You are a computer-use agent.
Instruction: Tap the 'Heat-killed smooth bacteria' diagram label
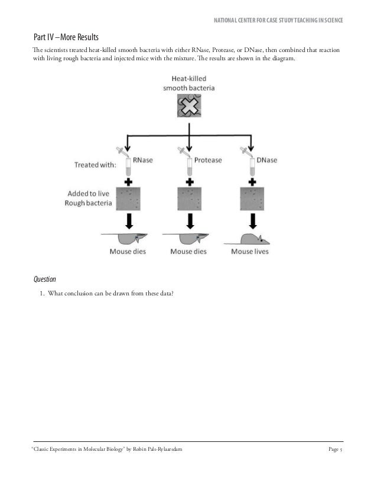tap(189, 83)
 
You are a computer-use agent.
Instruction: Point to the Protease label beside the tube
tap(207, 158)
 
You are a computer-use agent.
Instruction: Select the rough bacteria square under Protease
tap(189, 200)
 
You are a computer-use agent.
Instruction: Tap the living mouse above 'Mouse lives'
tap(248, 239)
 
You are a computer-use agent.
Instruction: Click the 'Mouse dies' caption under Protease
tap(188, 251)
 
